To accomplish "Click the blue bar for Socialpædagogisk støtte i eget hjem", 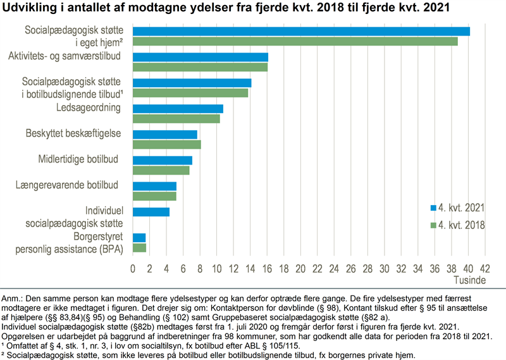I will (301, 31).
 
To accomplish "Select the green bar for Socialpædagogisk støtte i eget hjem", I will (295, 41).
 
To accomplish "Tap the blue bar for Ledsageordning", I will (178, 108).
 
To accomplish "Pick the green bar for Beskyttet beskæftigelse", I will (166, 144).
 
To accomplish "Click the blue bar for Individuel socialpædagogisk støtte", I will (151, 212).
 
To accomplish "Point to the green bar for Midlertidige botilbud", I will (161, 170).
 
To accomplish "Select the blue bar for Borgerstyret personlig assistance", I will (139, 237).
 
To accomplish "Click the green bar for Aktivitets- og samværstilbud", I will (200, 67).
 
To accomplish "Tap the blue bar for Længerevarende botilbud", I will (154, 186).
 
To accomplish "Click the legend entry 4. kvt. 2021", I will (459, 208).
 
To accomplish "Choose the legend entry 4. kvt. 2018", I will (459, 225).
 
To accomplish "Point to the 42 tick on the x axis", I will (485, 268).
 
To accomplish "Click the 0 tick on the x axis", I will (133, 268).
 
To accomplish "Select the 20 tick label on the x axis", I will (300, 268).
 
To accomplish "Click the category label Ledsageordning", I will (89, 108).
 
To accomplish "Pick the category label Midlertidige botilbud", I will (79, 159).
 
